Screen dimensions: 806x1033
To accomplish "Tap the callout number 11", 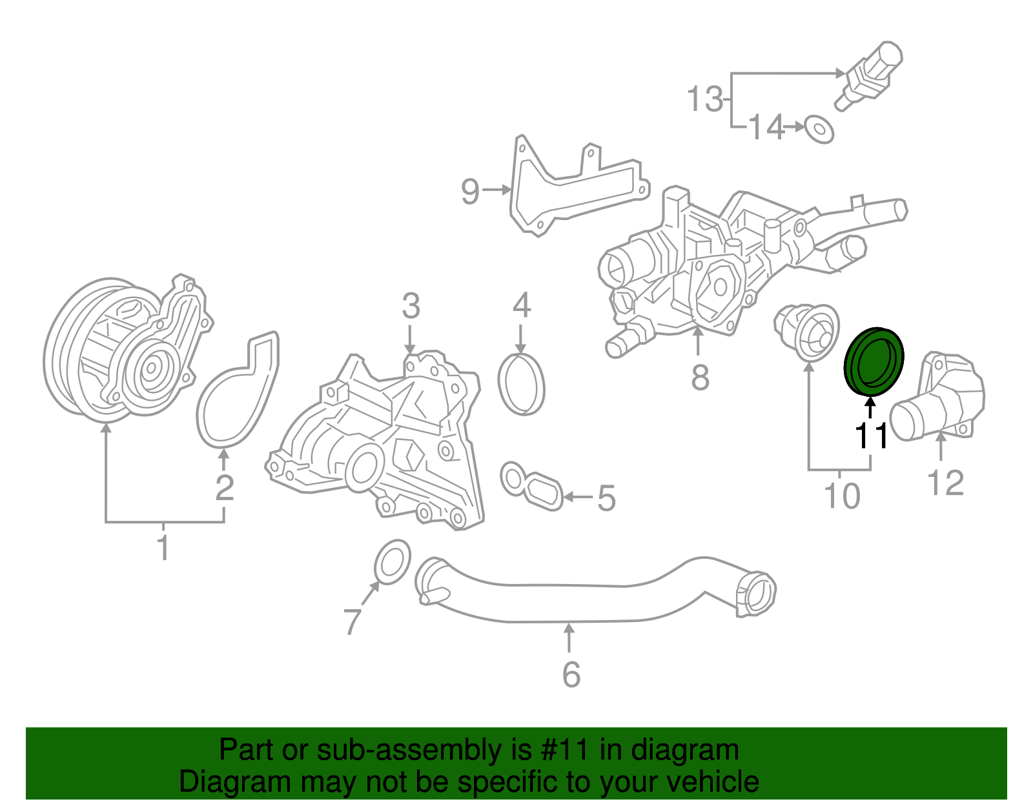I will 871,436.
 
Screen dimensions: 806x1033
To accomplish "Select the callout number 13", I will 704,99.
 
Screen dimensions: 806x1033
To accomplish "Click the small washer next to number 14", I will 819,129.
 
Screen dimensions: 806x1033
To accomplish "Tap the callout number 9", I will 471,191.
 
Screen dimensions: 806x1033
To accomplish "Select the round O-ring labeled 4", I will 522,385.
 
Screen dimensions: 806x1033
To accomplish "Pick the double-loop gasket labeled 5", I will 533,487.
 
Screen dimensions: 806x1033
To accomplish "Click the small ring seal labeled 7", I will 392,562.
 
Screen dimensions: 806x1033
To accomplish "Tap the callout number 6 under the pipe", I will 571,674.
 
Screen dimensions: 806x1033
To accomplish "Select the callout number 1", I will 163,547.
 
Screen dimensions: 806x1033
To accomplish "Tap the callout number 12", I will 945,483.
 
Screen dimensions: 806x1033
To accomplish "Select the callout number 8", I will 700,378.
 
